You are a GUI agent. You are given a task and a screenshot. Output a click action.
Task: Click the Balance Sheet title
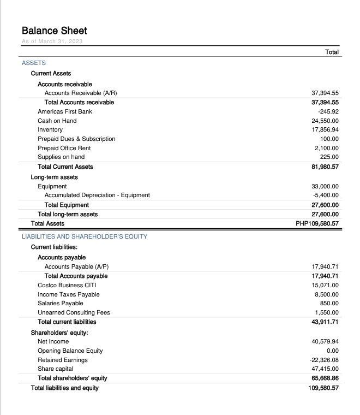[55, 31]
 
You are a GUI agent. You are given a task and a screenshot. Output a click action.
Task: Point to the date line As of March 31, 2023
[52, 42]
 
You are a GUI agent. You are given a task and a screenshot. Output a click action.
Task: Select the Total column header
[332, 52]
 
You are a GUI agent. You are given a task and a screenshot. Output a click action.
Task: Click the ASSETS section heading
[34, 63]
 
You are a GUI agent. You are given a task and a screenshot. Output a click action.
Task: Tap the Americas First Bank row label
[65, 111]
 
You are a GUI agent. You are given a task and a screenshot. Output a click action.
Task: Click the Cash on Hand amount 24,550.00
[325, 121]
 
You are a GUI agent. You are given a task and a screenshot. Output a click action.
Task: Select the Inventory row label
[50, 130]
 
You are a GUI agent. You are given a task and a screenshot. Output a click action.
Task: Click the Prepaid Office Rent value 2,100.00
[327, 148]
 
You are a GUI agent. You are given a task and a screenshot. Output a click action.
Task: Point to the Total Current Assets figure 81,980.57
[325, 167]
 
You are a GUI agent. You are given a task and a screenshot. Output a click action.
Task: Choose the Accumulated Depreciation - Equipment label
[97, 195]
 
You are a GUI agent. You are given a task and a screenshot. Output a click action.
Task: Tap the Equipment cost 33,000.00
[325, 186]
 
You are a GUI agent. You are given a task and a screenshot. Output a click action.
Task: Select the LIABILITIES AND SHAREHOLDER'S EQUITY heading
[85, 236]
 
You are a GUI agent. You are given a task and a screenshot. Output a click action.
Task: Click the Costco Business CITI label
[67, 285]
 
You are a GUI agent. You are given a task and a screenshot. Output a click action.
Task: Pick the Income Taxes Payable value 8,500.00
[327, 294]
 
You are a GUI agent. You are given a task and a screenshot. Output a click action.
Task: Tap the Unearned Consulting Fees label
[74, 312]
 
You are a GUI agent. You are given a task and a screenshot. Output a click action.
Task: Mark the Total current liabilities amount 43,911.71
[325, 322]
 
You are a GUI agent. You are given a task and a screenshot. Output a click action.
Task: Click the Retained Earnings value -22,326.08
[324, 360]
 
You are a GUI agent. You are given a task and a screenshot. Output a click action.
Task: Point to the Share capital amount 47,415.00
[325, 369]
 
